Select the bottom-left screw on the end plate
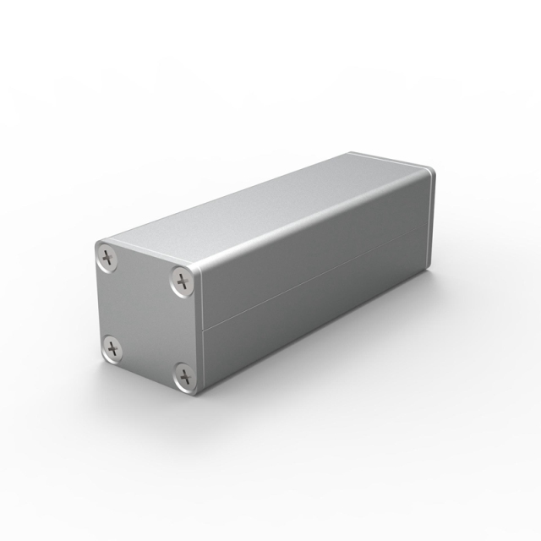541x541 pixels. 111,346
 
